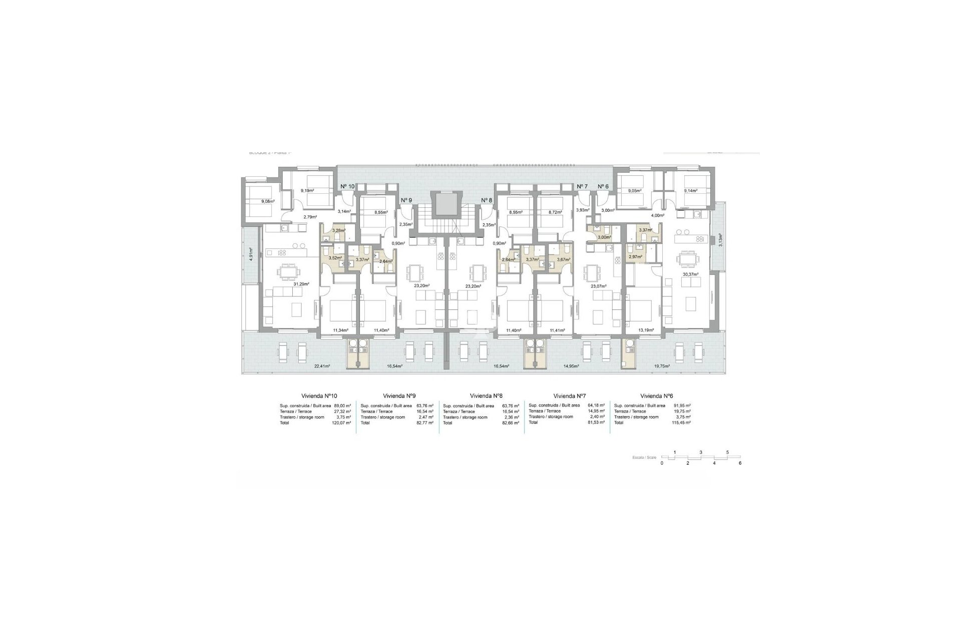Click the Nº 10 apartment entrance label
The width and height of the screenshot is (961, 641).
pos(347,186)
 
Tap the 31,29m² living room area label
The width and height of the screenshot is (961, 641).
pos(301,284)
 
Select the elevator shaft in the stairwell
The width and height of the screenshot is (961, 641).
pos(443,205)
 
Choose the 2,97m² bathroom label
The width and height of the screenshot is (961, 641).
pos(636,257)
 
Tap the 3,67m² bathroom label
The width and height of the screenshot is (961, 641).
pos(564,259)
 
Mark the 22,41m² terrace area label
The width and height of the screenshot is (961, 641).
pos(322,366)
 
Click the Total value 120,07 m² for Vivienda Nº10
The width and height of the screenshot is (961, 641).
pos(342,423)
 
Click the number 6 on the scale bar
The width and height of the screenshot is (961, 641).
pos(740,463)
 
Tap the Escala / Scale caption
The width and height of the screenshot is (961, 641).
pos(644,458)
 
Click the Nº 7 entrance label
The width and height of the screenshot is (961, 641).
pos(582,186)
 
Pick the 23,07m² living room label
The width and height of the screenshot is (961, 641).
pos(599,286)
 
